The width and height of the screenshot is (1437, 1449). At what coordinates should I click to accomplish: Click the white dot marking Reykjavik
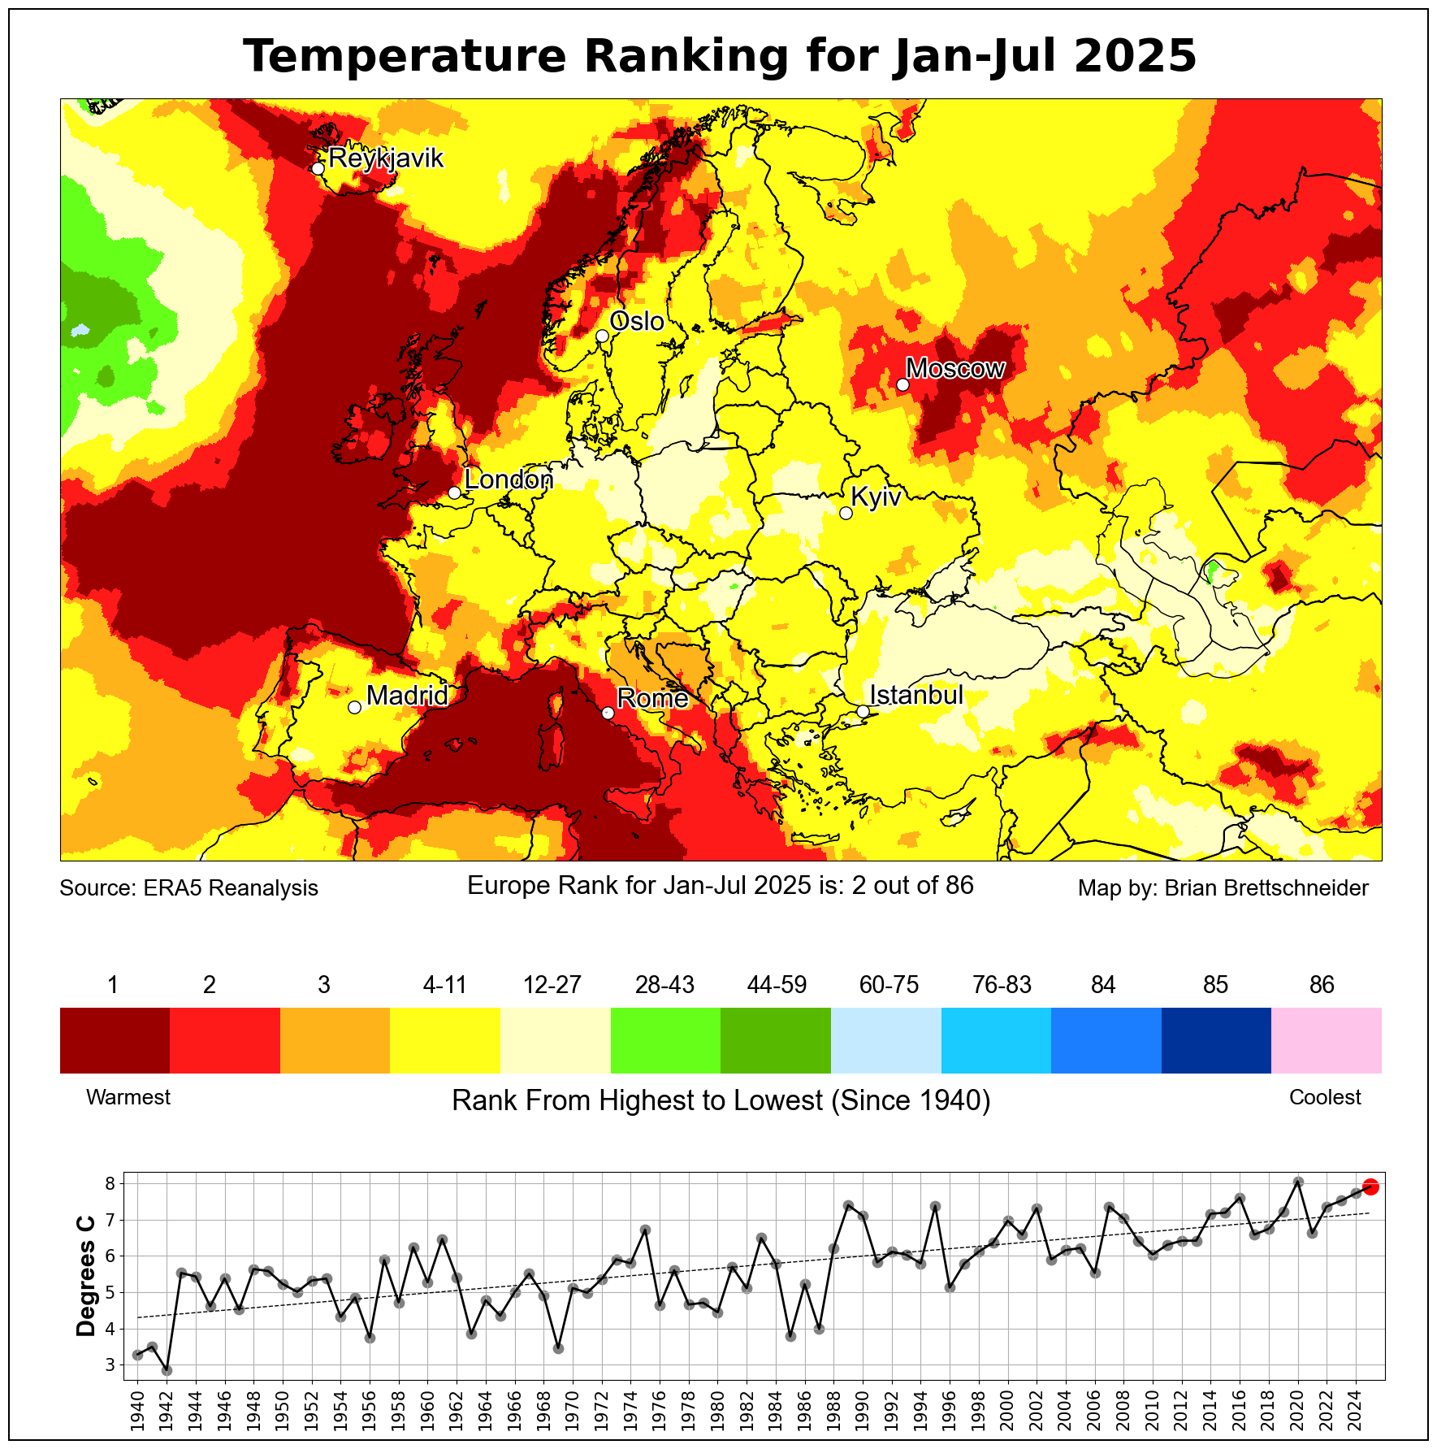[x=318, y=168]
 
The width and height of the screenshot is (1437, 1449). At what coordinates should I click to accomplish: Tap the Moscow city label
[x=955, y=368]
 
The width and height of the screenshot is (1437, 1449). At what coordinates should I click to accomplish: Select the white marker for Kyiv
[x=846, y=513]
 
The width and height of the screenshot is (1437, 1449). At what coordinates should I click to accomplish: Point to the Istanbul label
[x=916, y=695]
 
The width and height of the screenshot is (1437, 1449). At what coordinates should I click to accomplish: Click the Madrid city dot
[x=354, y=707]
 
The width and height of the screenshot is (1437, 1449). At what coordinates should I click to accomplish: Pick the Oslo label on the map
[x=637, y=321]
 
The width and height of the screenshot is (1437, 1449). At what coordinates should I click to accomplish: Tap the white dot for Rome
[x=608, y=713]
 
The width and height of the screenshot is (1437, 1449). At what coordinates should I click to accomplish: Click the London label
[x=509, y=479]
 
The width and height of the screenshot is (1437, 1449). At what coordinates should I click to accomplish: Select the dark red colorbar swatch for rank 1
[x=115, y=1040]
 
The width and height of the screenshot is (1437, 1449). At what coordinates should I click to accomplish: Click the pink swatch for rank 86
[x=1326, y=1040]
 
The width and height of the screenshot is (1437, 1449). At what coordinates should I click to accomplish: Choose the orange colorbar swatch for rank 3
[x=335, y=1040]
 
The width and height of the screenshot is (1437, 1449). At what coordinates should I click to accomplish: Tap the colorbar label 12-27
[x=552, y=985]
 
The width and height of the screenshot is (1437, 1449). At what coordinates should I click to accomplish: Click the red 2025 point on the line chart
[x=1370, y=1187]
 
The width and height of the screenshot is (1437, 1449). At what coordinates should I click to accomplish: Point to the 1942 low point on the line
[x=167, y=1370]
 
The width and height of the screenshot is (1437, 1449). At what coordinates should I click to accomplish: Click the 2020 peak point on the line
[x=1298, y=1182]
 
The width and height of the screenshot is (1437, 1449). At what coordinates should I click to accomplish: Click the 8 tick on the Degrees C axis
[x=111, y=1183]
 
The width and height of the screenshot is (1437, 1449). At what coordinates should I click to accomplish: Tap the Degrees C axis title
[x=85, y=1276]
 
